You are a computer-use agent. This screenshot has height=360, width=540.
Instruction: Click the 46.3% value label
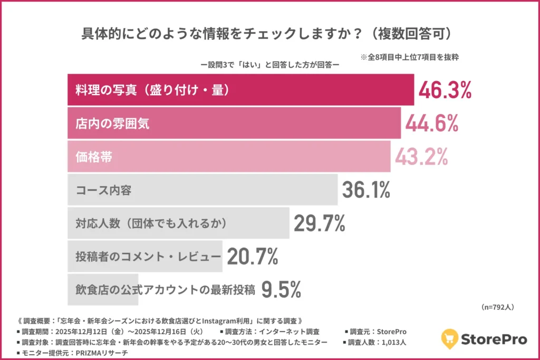coord(445,90)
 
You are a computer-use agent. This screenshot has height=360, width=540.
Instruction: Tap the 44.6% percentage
coord(431,123)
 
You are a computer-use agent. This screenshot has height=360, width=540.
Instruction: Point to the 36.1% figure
coord(366,190)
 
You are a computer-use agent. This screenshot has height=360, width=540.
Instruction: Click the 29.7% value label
coord(319,223)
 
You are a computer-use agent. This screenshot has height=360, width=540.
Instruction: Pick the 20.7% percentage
coord(252,257)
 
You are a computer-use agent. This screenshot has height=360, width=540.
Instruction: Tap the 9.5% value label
coord(281,289)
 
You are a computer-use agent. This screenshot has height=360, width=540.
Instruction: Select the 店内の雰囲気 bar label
coord(112,124)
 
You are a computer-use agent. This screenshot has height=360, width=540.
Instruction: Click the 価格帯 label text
coord(94,157)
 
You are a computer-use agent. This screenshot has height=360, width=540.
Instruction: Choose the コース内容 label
coord(103,190)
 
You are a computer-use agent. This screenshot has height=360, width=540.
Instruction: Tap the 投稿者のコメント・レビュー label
coord(148,257)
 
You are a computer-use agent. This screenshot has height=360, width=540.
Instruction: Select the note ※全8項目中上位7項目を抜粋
coord(409,57)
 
